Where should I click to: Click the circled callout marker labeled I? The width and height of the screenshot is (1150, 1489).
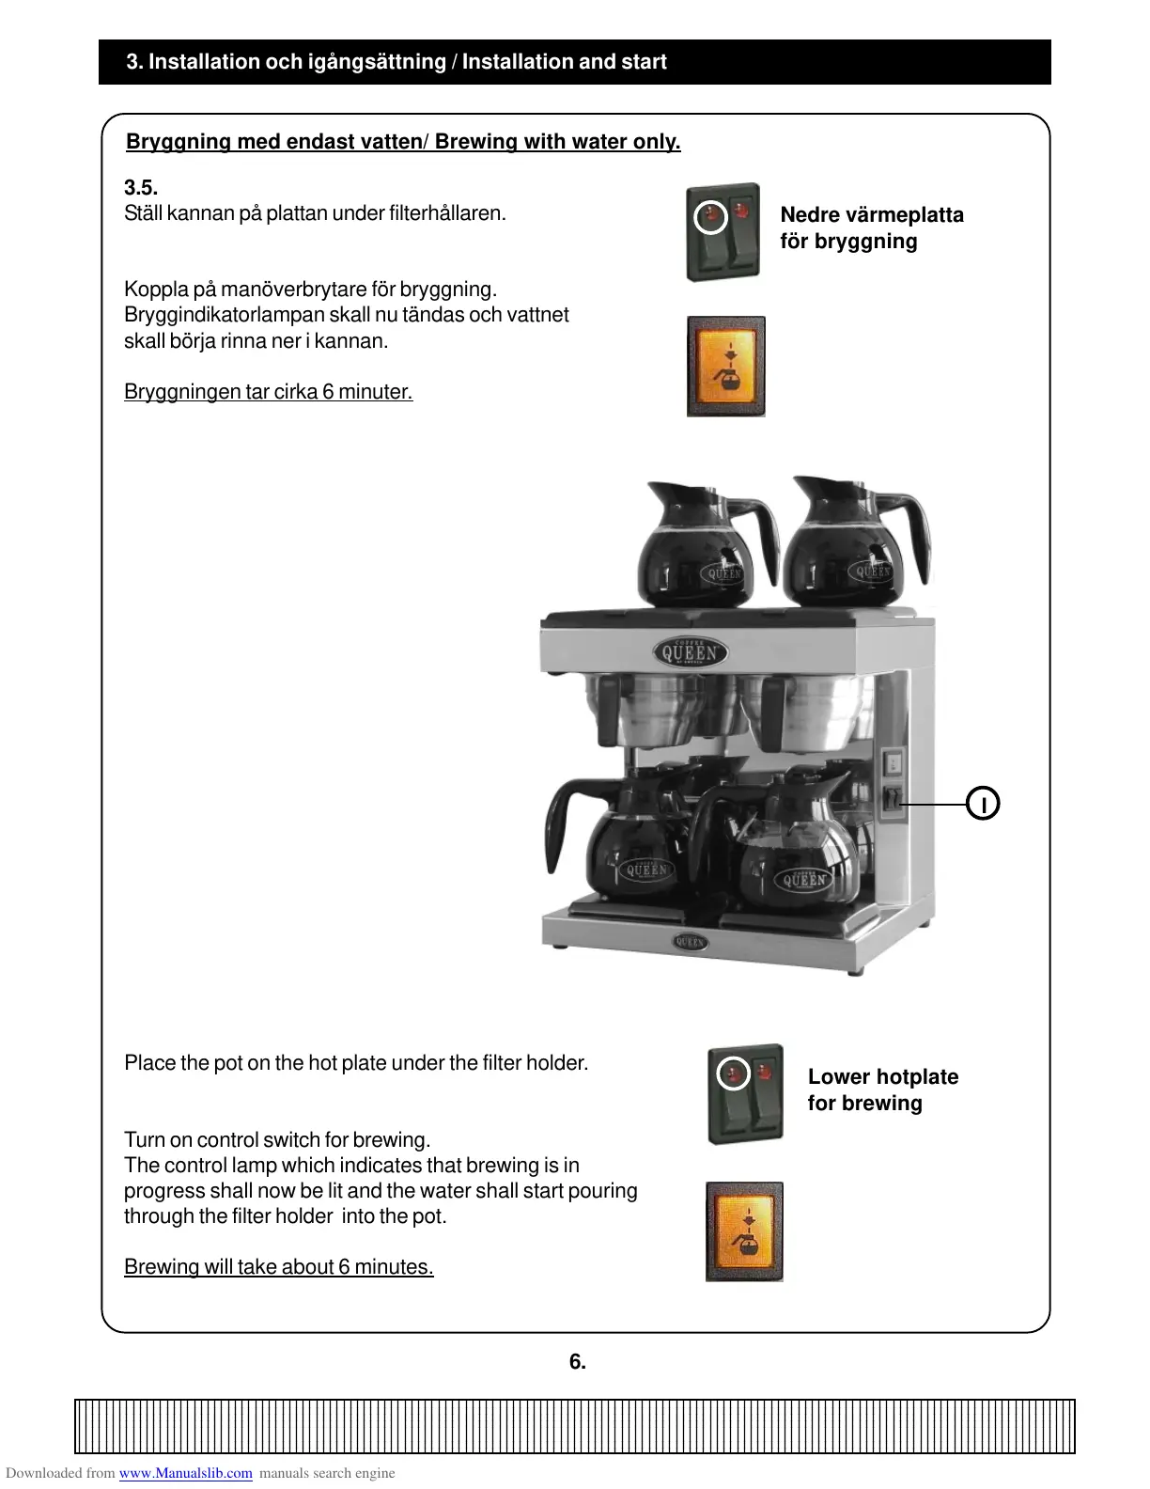pos(983,804)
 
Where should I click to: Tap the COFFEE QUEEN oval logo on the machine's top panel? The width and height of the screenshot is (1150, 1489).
pos(691,652)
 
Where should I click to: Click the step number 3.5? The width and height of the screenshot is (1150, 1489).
pos(141,188)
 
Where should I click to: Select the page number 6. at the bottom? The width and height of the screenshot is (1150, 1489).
pos(577,1361)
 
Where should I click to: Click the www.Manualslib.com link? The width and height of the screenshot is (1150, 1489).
pos(185,1473)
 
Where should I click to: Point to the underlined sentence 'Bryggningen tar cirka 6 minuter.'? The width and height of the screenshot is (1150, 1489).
pos(268,392)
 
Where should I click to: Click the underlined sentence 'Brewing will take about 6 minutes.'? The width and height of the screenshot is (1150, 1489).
pos(278,1267)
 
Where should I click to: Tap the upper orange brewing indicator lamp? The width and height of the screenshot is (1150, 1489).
pos(726,367)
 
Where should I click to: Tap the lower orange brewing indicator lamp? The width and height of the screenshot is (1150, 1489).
pos(744,1231)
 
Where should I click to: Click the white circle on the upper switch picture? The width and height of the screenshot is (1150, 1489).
pos(710,217)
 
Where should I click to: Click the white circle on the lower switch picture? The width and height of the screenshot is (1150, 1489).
pos(733,1074)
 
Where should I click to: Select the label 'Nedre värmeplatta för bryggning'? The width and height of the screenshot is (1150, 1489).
pos(871,228)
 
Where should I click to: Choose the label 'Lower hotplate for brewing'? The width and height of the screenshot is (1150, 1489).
pos(882,1090)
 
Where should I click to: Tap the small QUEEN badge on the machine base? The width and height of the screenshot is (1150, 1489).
pos(691,941)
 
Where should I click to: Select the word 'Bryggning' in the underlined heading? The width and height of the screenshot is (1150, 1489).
pos(179,142)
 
